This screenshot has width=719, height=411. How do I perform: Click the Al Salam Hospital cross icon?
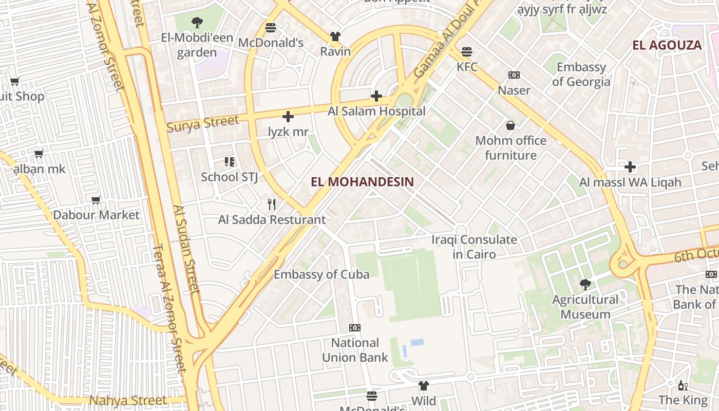pyautogui.click(x=376, y=96)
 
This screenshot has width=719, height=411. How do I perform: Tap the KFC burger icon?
pyautogui.click(x=467, y=52)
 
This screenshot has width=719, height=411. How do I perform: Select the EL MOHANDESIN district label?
pyautogui.click(x=362, y=181)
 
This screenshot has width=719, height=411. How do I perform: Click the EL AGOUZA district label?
pyautogui.click(x=667, y=45)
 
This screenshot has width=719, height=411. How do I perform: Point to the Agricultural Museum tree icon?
pyautogui.click(x=585, y=284)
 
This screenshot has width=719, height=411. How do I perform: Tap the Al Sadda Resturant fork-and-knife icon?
pyautogui.click(x=272, y=204)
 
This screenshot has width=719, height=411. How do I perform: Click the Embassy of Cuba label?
pyautogui.click(x=321, y=274)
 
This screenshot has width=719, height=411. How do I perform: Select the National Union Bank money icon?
pyautogui.click(x=355, y=328)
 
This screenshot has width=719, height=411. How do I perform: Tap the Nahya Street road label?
pyautogui.click(x=128, y=400)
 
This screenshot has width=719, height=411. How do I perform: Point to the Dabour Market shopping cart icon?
pyautogui.click(x=96, y=200)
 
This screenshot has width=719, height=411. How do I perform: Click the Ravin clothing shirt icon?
pyautogui.click(x=335, y=36)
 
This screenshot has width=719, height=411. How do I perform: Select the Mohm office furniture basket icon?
pyautogui.click(x=510, y=125)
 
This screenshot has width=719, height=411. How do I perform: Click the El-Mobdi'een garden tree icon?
pyautogui.click(x=197, y=23)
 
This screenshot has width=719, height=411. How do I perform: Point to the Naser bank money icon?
pyautogui.click(x=514, y=75)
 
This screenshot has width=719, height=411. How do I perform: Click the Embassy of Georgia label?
pyautogui.click(x=581, y=74)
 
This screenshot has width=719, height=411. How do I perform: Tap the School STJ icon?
pyautogui.click(x=230, y=162)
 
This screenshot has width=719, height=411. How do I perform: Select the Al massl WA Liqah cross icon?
pyautogui.click(x=630, y=167)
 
